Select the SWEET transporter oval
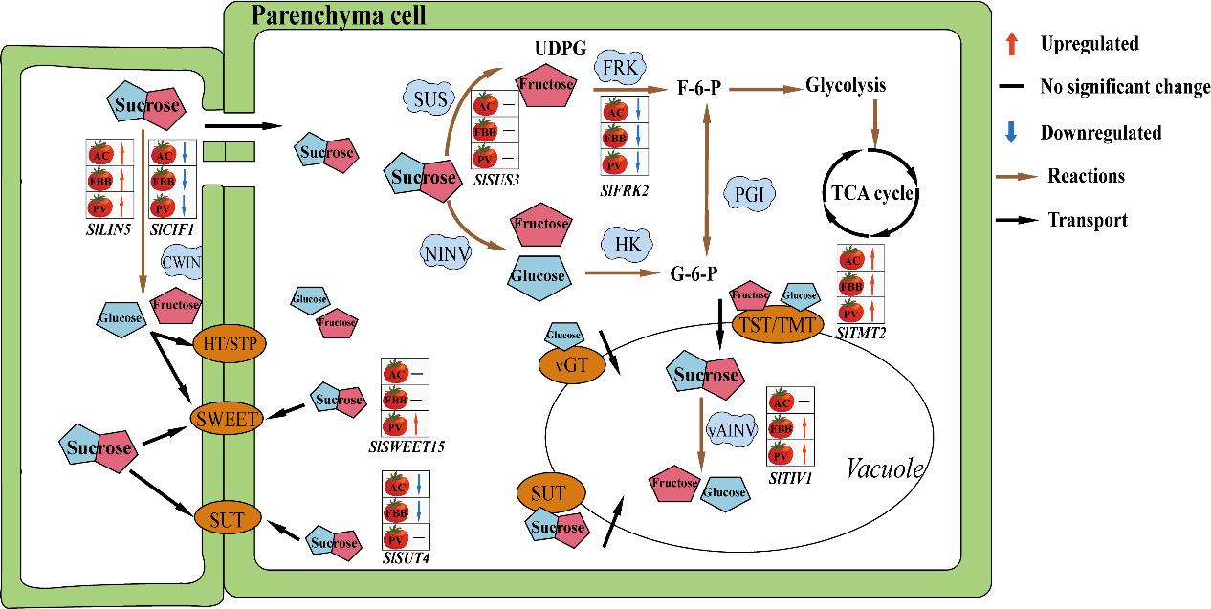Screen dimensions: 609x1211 (227, 418)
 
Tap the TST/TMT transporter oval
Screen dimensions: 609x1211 (777, 325)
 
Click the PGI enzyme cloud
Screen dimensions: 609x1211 (749, 194)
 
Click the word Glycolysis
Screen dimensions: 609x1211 (846, 85)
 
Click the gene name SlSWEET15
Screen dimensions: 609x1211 (407, 446)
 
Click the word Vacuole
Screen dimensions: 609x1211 (885, 468)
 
